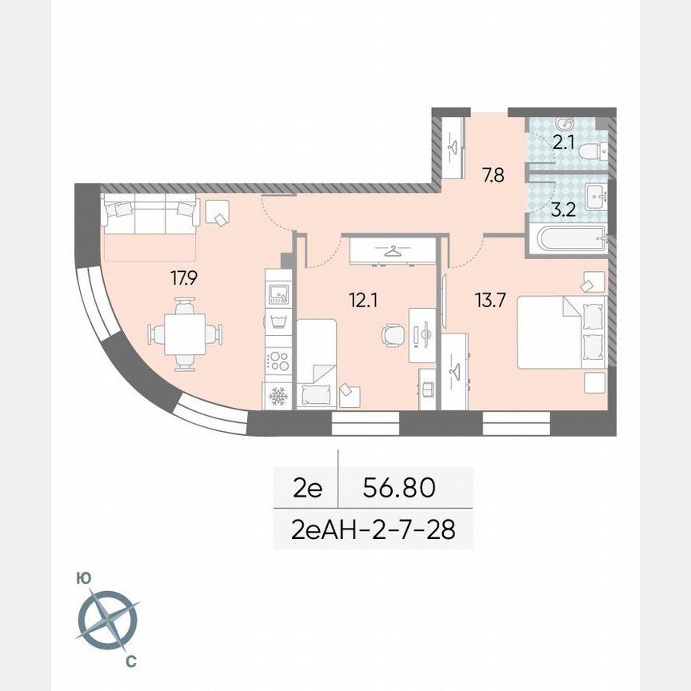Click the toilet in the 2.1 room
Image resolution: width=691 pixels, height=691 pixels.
coord(593,151)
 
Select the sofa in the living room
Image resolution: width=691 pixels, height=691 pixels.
coord(150,215)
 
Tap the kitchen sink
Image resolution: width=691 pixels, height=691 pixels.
coord(278,294)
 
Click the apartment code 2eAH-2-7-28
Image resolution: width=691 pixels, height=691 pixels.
coord(373,529)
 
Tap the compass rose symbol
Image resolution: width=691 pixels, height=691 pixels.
coord(107,620)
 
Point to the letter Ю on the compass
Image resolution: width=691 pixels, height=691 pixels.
coord(82,577)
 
